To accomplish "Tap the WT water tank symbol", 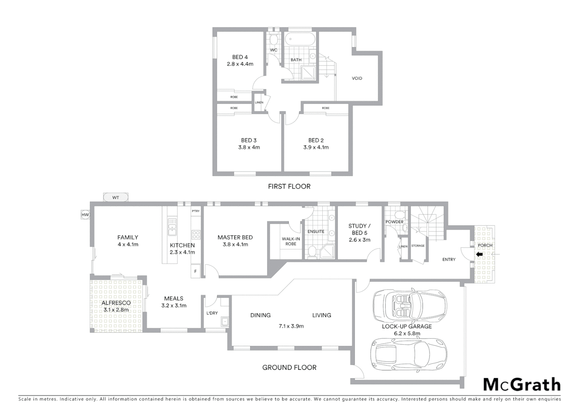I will point(115,197).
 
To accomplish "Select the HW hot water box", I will point(85,215).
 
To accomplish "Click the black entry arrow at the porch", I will point(479,254).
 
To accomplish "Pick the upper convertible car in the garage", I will point(409,305).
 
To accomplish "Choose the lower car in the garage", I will point(408,354).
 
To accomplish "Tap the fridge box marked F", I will point(195,271).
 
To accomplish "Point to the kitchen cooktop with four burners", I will point(195,234).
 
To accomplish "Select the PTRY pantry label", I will point(195,211).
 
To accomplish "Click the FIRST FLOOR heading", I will point(289,186).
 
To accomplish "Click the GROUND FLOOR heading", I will point(289,367).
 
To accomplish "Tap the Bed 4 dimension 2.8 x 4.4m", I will point(240,64).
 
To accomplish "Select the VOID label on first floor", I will point(357,79).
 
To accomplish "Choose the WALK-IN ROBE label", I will point(291,241).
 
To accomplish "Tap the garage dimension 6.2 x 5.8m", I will point(407,334).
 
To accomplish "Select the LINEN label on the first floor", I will point(259,102).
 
